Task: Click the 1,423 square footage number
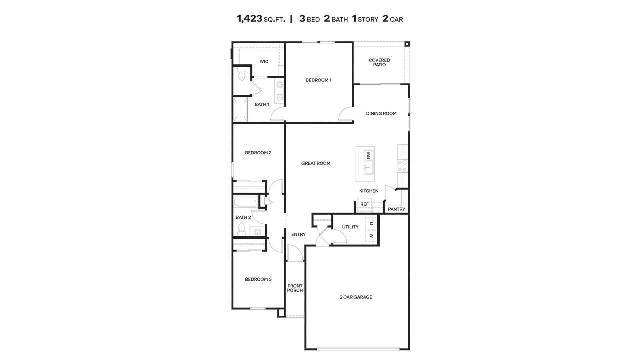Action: (250, 19)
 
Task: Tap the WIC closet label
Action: (264, 62)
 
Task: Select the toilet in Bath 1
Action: (242, 75)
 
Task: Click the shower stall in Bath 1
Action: (240, 109)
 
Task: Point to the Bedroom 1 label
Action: (318, 80)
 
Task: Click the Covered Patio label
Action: (379, 63)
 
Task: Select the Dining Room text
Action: (381, 114)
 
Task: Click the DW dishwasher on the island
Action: (369, 155)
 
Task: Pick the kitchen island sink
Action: (369, 170)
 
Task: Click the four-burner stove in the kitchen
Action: (402, 166)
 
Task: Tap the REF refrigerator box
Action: (364, 204)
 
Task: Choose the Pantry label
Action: (396, 209)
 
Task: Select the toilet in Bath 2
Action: (242, 229)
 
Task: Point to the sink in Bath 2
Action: (258, 232)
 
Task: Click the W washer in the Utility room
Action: (371, 236)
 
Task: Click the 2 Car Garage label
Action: (356, 297)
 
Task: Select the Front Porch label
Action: (295, 288)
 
